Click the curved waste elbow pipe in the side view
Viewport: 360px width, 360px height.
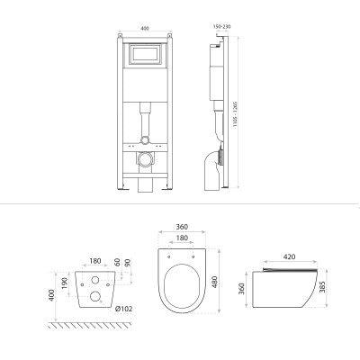coord(214,166)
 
